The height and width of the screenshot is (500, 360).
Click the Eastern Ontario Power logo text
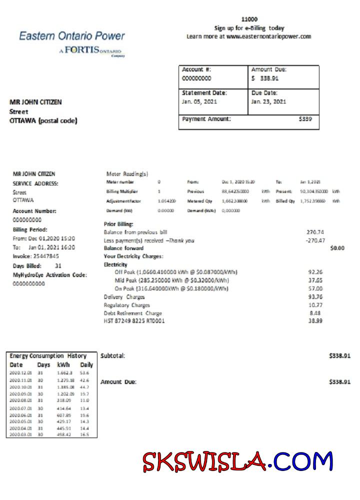(x=72, y=36)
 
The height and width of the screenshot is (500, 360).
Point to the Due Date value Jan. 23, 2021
(x=268, y=101)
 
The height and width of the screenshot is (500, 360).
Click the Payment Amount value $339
(x=305, y=119)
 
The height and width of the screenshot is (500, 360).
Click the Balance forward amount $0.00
(x=337, y=248)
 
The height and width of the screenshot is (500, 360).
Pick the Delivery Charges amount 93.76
(x=315, y=296)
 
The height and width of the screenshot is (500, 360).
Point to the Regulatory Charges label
(x=126, y=305)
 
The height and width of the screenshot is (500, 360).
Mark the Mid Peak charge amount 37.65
(x=315, y=280)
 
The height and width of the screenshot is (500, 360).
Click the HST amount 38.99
(x=315, y=320)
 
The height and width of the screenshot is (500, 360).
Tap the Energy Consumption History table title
(x=48, y=356)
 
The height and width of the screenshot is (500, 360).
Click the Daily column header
(x=86, y=365)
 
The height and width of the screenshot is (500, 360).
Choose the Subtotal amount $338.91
(x=339, y=355)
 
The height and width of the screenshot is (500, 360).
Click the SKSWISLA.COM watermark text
(x=237, y=461)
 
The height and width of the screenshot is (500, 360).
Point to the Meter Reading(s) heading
(x=127, y=174)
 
